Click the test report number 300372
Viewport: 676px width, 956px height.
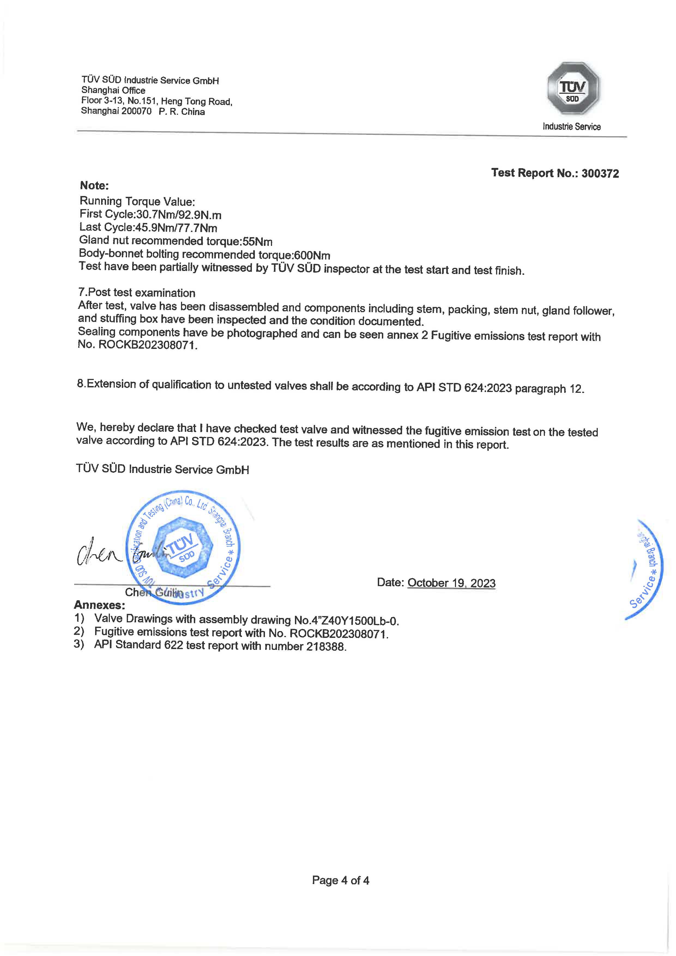(x=600, y=174)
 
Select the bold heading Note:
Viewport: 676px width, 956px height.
(x=94, y=186)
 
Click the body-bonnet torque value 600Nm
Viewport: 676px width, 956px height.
(x=312, y=255)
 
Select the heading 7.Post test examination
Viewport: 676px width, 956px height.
(x=137, y=293)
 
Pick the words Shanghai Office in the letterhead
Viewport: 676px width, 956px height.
(x=113, y=90)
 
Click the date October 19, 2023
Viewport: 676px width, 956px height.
(x=451, y=583)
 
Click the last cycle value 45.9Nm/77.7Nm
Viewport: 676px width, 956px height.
(x=176, y=228)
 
